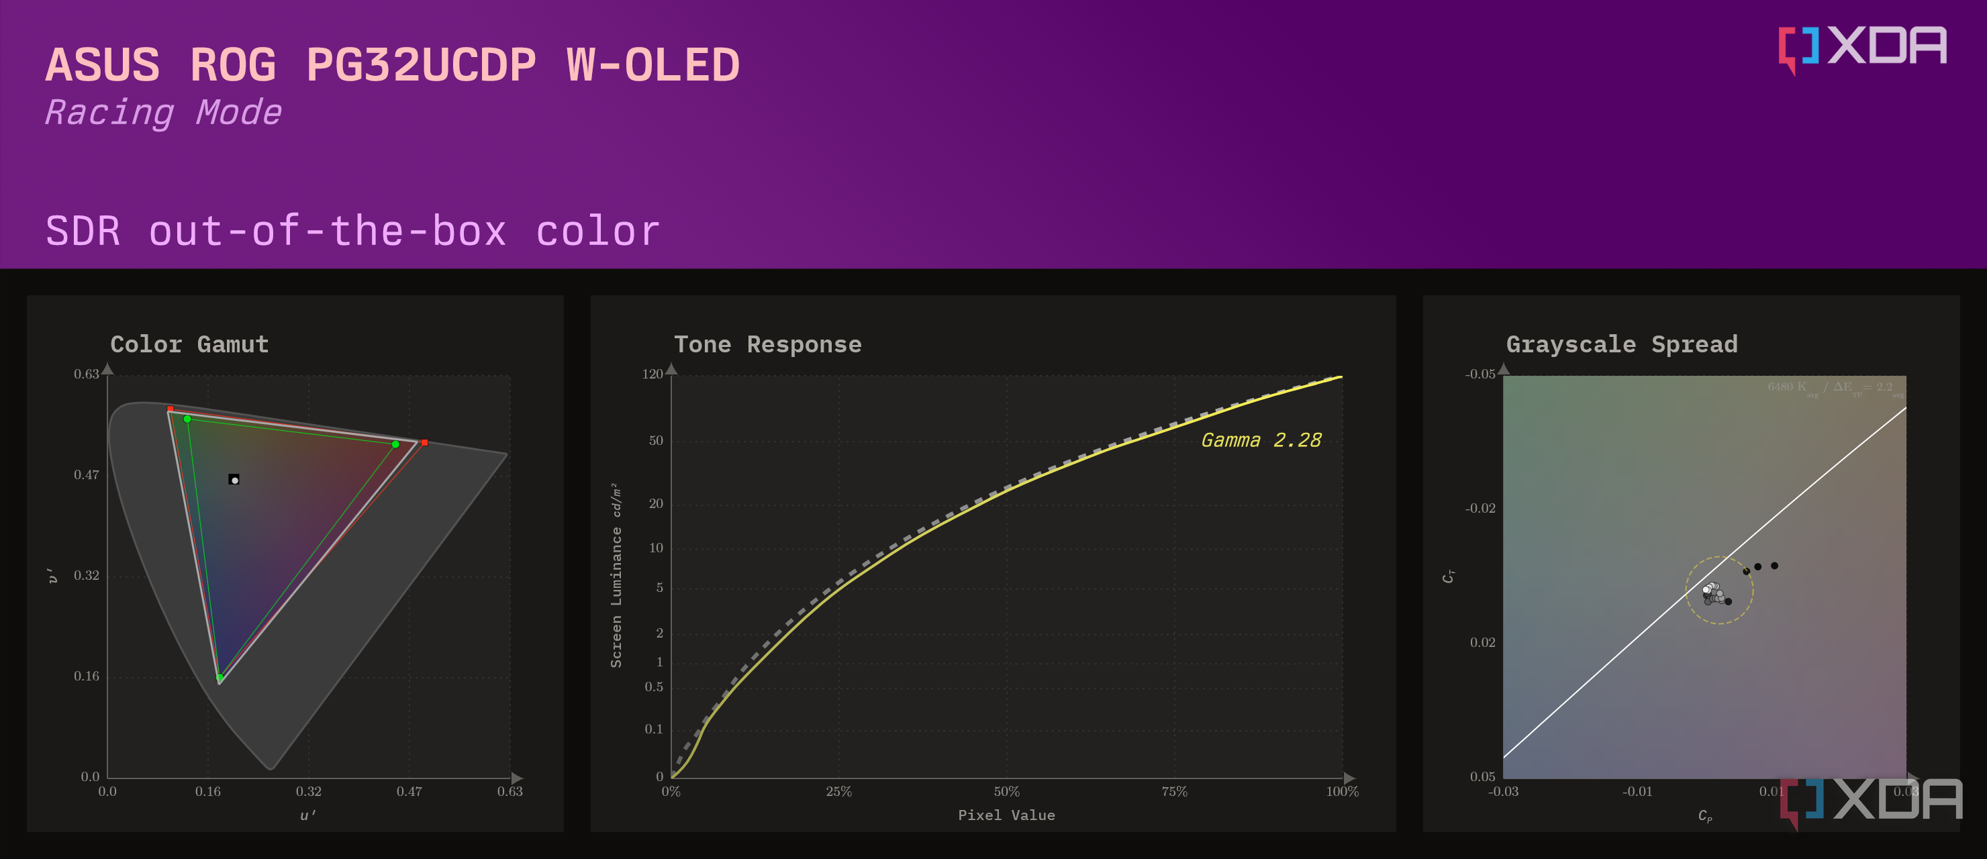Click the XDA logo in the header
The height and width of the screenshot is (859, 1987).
tap(1862, 48)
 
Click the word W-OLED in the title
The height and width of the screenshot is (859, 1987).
tap(652, 65)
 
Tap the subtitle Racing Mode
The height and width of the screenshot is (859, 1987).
tap(162, 113)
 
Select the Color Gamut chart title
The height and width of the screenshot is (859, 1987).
tap(189, 344)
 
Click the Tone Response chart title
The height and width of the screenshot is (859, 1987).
tap(767, 344)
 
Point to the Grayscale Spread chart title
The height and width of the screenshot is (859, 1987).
tap(1621, 344)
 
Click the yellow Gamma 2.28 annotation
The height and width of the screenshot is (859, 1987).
tap(1261, 440)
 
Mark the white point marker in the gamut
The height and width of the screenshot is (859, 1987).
tap(234, 480)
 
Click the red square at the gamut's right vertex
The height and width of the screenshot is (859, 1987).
tap(424, 443)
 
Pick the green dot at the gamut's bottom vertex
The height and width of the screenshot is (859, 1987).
tap(220, 678)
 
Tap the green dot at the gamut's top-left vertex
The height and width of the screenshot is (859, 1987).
tap(187, 419)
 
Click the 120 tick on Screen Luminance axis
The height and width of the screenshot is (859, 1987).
tap(652, 374)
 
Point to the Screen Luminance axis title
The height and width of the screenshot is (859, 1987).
tap(616, 574)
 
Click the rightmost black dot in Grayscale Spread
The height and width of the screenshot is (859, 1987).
tap(1774, 566)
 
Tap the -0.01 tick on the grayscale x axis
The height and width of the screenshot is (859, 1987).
tap(1637, 792)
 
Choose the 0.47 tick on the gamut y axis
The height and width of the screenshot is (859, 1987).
tap(86, 475)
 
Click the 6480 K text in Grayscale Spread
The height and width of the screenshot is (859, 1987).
tap(1786, 387)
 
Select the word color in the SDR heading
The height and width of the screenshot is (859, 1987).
tap(598, 232)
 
